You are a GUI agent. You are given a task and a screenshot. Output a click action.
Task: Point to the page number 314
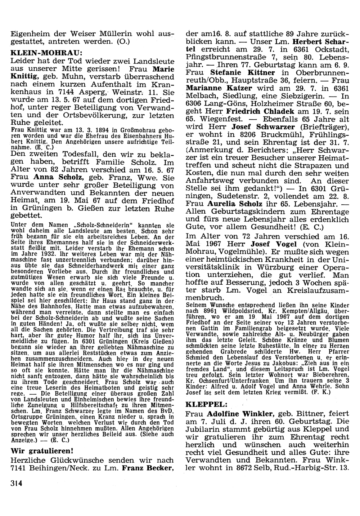tap(17, 484)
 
